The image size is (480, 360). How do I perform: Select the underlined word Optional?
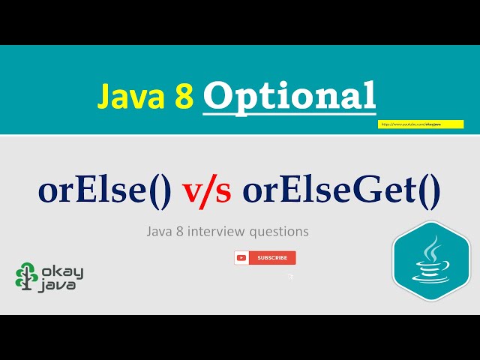[289, 97]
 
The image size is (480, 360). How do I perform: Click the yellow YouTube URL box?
[420, 124]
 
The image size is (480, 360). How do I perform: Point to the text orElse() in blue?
[105, 191]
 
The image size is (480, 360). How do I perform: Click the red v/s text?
[208, 192]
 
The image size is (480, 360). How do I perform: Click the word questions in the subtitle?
[282, 232]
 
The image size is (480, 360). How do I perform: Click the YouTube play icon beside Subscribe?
[241, 258]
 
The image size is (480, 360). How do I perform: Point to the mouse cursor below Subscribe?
[290, 276]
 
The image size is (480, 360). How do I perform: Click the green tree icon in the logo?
[27, 276]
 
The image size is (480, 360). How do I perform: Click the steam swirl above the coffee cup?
[432, 248]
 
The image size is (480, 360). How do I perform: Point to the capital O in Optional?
[217, 97]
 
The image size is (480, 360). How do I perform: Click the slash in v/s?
[208, 192]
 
